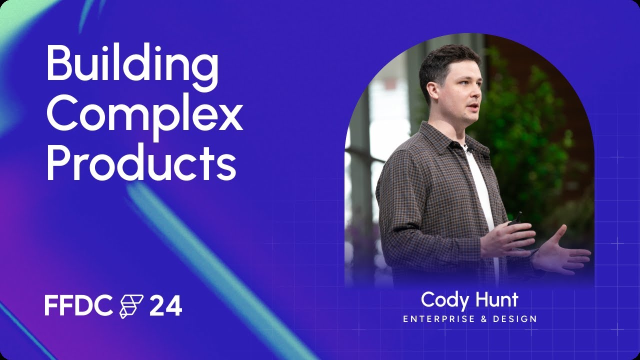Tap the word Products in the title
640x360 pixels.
pyautogui.click(x=140, y=164)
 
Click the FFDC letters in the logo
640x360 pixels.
pyautogui.click(x=78, y=305)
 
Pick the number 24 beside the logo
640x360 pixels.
pyautogui.click(x=165, y=306)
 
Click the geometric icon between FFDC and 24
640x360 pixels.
pyautogui.click(x=131, y=306)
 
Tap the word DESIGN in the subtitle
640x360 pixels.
pyautogui.click(x=514, y=318)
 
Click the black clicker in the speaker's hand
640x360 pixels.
pyautogui.click(x=515, y=218)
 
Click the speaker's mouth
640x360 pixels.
pyautogui.click(x=471, y=108)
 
